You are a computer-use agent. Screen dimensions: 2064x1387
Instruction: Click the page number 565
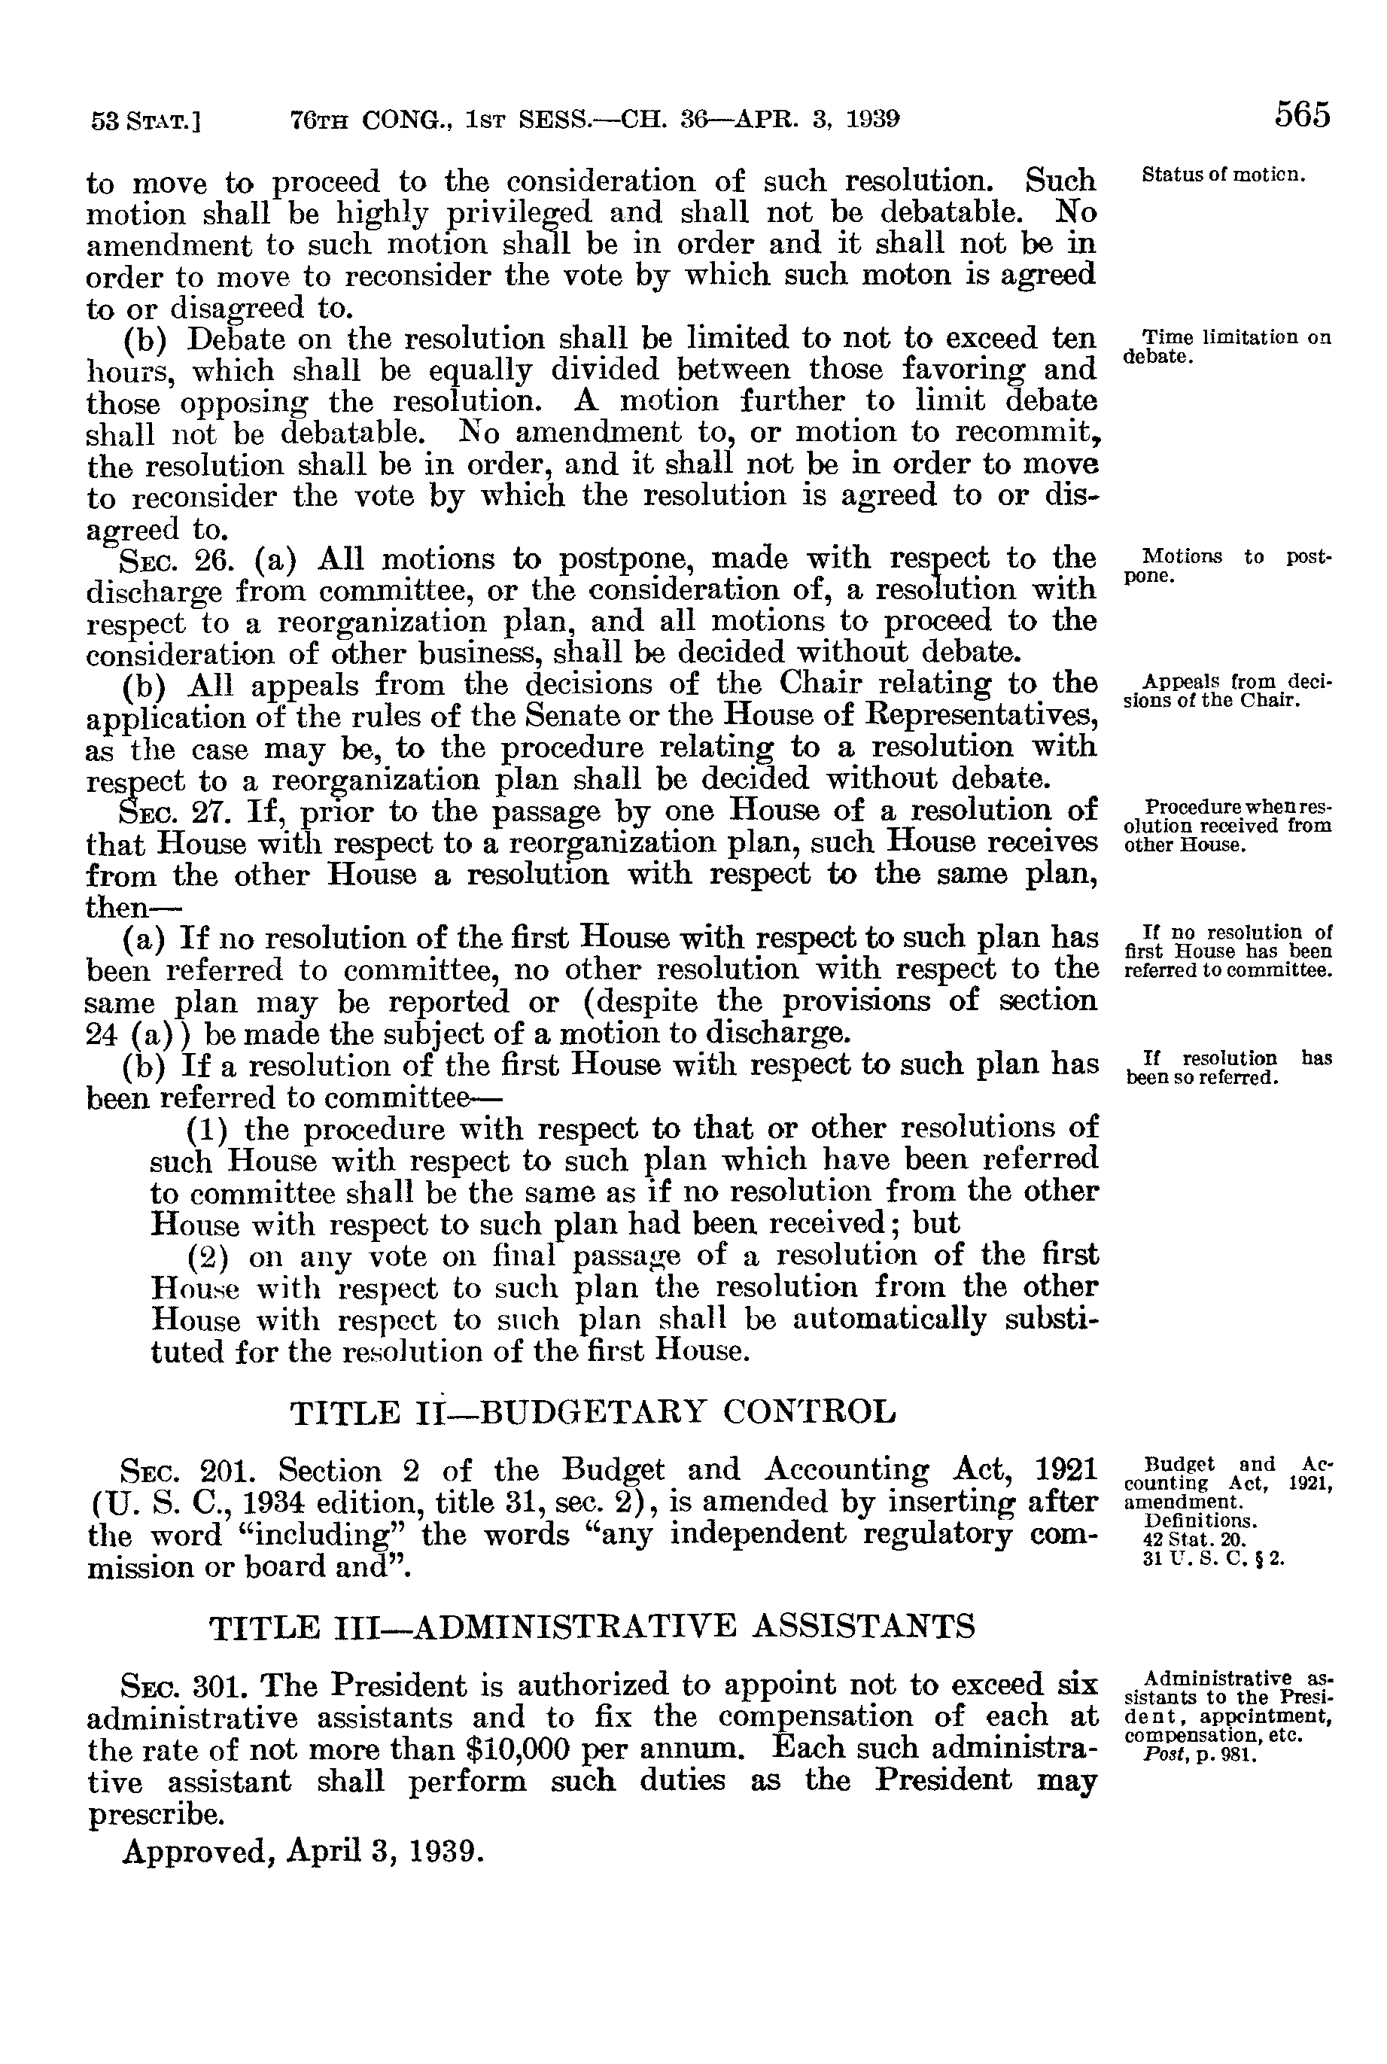pos(1302,116)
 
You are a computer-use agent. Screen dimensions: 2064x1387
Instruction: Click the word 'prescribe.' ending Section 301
pos(156,1816)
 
